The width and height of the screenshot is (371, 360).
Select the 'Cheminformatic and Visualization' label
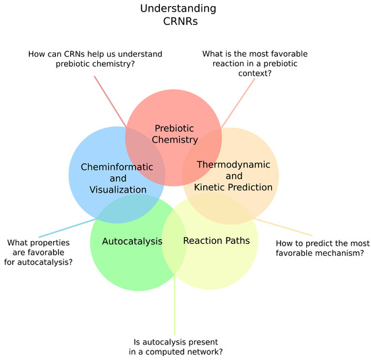[113, 178]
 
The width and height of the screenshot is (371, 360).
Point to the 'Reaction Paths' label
[217, 240]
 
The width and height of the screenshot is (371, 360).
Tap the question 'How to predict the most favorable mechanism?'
[320, 248]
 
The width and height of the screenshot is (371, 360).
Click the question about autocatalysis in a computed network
[175, 346]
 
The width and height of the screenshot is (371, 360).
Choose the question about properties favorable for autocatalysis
[40, 252]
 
